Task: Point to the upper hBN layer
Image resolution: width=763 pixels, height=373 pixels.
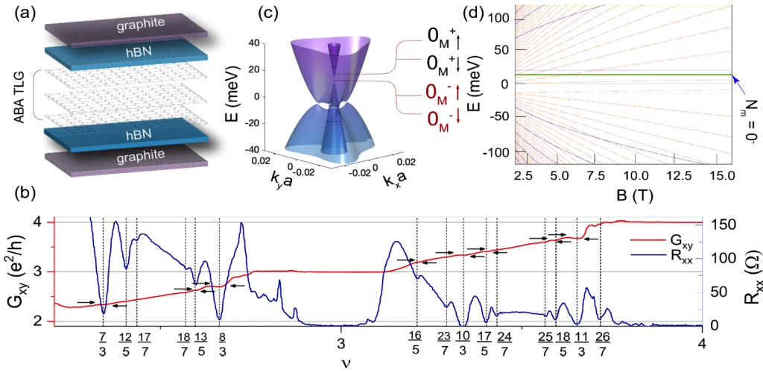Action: [127, 53]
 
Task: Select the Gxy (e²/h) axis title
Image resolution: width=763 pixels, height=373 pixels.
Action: [18, 270]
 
